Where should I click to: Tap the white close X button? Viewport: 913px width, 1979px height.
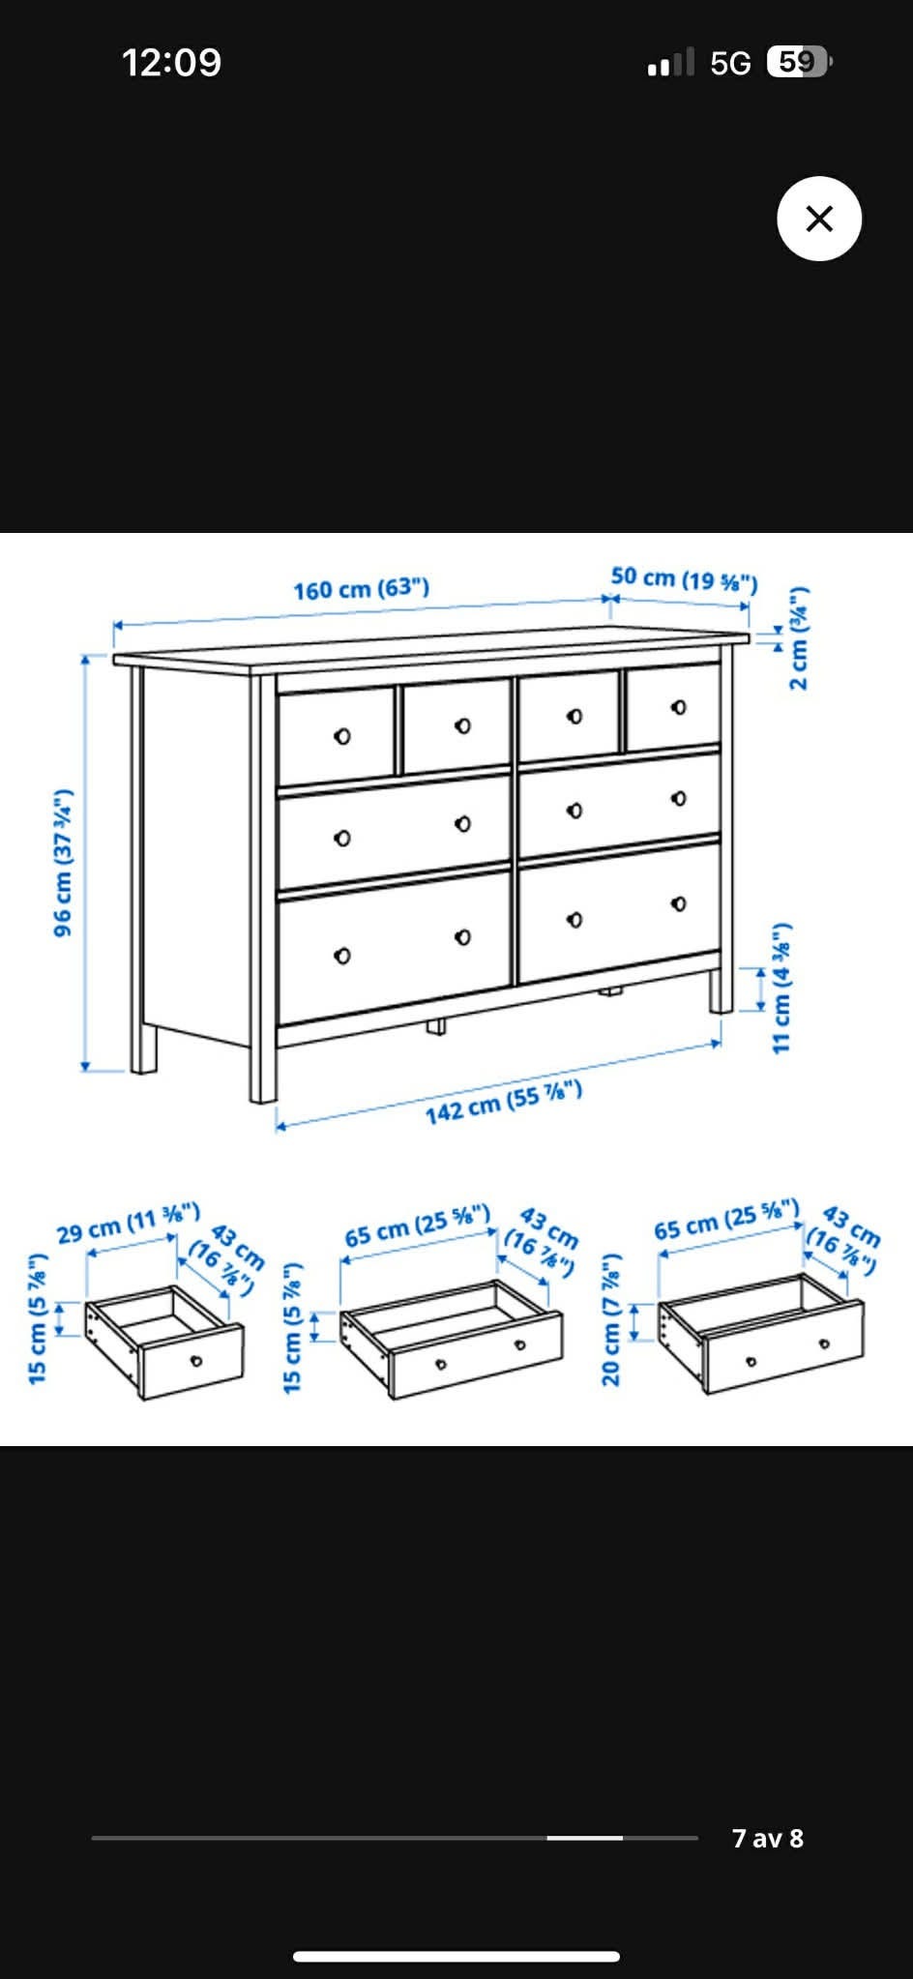point(819,219)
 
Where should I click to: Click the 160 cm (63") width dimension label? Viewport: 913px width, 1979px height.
point(362,588)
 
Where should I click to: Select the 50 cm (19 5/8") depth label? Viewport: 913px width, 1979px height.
point(684,578)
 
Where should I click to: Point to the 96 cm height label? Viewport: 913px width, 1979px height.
point(63,863)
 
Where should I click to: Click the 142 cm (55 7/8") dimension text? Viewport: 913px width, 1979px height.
point(504,1102)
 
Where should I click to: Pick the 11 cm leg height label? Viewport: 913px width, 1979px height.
point(781,986)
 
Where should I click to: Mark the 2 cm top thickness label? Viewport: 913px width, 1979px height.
point(798,637)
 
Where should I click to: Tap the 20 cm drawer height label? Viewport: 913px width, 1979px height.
point(610,1319)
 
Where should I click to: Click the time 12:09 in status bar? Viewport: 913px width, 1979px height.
point(171,63)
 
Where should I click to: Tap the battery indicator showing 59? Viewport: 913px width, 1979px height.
point(799,62)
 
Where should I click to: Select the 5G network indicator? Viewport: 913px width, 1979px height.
point(730,63)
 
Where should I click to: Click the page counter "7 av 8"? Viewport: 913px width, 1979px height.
point(768,1838)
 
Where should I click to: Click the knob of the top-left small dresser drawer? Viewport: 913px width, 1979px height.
point(342,737)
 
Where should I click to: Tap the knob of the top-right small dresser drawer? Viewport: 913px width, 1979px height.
point(679,707)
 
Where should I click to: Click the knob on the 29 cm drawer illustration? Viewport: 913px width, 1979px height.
point(196,1361)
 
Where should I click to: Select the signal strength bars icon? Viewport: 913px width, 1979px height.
point(671,62)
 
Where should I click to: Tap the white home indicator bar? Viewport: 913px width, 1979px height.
point(456,1956)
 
